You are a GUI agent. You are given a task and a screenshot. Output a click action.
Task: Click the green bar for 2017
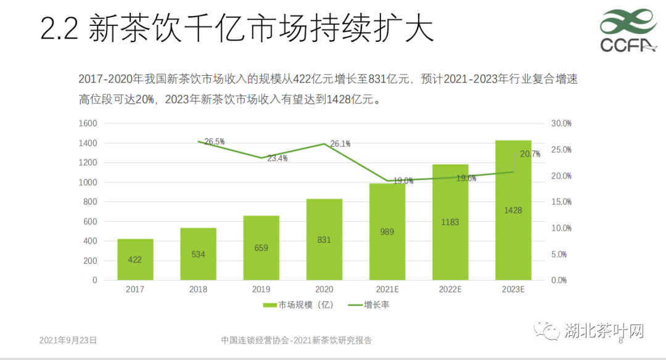tap(135, 259)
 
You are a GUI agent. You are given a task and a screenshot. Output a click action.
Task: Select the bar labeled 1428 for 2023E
tap(513, 210)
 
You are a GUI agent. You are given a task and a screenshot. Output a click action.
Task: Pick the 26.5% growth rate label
tap(214, 142)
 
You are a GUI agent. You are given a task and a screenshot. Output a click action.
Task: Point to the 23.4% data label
tap(277, 158)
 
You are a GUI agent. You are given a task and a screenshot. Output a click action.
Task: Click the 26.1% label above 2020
tap(340, 144)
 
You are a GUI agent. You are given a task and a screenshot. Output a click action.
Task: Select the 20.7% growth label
tap(530, 154)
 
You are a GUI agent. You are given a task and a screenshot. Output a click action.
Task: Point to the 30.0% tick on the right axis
tap(561, 123)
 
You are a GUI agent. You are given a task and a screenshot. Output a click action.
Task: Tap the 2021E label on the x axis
tap(387, 290)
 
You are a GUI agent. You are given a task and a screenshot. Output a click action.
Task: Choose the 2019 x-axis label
tap(261, 290)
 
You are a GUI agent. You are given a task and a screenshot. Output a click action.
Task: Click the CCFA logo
tap(627, 31)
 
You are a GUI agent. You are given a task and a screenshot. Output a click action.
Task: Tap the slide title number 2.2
tap(59, 29)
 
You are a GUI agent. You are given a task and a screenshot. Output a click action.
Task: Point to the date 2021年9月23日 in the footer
tap(68, 340)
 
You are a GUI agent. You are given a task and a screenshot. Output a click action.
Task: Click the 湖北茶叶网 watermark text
tap(604, 332)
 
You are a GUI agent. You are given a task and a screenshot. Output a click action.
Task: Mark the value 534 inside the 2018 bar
tap(198, 254)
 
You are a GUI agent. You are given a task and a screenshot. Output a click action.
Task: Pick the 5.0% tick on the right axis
tap(561, 254)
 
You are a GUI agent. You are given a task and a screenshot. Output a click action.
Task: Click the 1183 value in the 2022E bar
tap(450, 222)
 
